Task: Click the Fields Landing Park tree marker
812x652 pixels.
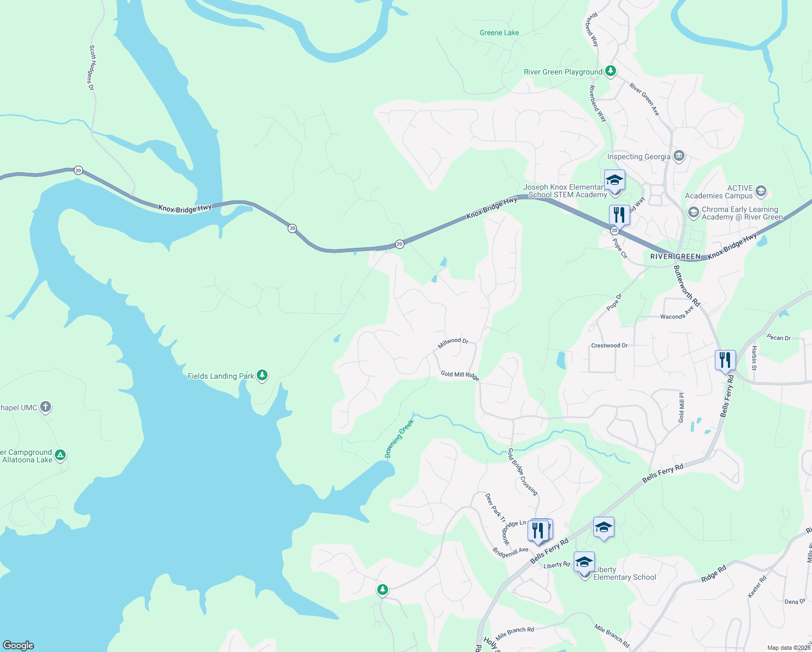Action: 262,375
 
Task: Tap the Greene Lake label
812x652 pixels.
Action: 499,33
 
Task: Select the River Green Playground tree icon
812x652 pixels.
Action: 611,71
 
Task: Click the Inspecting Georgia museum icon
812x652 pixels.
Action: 678,156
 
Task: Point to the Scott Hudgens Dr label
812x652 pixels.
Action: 92,67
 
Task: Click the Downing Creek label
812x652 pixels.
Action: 399,439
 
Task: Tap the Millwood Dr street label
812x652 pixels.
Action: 453,343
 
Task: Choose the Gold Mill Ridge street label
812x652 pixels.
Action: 460,375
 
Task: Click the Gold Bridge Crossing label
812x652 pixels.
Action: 523,472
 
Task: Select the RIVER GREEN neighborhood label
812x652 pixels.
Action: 675,256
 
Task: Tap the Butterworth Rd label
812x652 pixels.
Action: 687,286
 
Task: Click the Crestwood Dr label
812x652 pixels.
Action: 609,346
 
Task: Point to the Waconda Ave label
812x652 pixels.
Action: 677,314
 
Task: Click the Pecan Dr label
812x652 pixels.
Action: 778,337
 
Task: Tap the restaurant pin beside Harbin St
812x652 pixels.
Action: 725,361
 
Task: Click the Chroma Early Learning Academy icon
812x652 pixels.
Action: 693,212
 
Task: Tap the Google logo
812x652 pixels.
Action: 18,645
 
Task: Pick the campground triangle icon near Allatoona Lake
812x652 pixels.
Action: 60,455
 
